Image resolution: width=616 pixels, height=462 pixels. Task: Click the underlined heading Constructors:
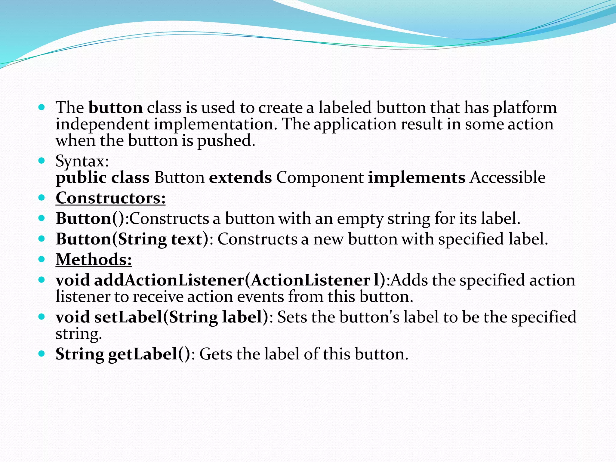tap(110, 198)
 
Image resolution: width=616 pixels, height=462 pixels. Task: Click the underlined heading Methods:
tap(94, 260)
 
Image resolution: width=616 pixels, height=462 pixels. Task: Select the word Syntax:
tap(82, 161)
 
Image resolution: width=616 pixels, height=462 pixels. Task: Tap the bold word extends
tap(240, 177)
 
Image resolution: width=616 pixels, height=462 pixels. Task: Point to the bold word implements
tap(417, 177)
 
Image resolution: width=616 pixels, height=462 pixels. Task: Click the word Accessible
tap(508, 177)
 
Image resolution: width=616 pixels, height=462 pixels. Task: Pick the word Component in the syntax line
tap(320, 177)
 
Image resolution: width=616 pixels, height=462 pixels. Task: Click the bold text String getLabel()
tap(123, 354)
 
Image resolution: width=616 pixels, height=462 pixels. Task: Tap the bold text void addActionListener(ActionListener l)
tap(220, 280)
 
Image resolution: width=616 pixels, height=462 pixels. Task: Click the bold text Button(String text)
tap(132, 239)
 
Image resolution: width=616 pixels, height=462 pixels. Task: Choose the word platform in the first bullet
tap(525, 108)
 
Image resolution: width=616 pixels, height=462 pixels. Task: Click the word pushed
tap(226, 141)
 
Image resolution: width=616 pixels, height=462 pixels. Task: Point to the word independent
tap(103, 124)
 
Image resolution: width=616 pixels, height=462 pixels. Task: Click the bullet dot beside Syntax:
tap(42, 160)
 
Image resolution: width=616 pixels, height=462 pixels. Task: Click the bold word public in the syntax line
tap(81, 178)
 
